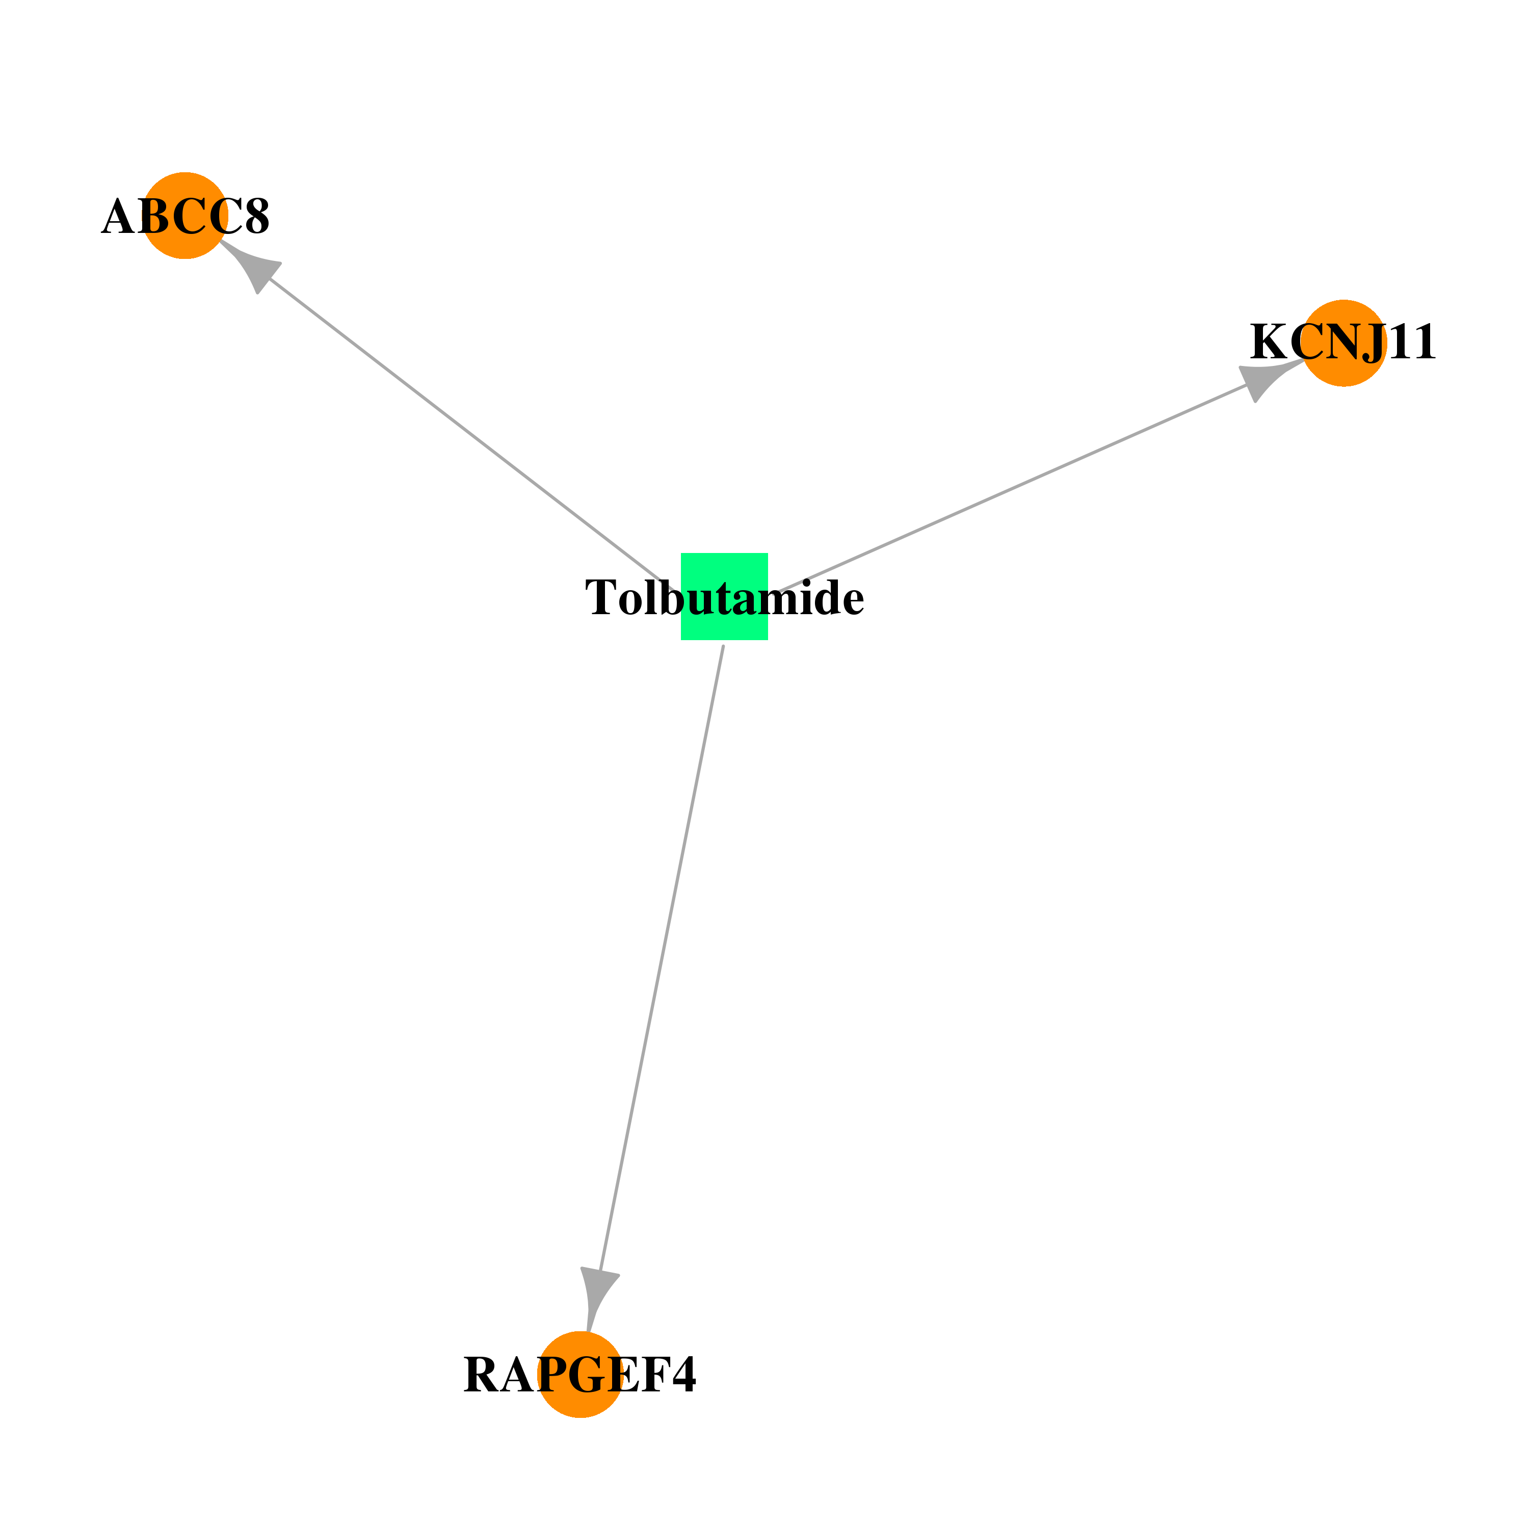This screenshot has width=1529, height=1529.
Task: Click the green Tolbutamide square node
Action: click(724, 596)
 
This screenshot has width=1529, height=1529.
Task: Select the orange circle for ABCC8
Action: click(185, 215)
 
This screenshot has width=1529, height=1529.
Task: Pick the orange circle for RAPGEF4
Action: click(580, 1375)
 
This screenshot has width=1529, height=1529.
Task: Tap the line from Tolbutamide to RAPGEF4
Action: click(662, 958)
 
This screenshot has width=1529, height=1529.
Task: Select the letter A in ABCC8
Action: click(119, 217)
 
